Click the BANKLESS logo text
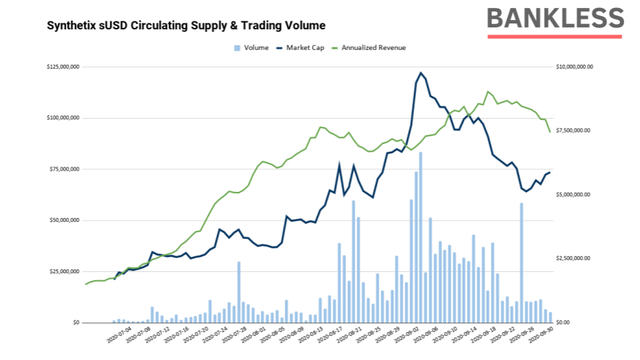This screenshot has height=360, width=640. click(x=555, y=19)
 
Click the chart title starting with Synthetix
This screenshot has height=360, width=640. click(x=186, y=26)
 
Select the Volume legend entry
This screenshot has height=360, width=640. click(x=251, y=48)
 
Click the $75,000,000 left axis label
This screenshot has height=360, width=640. click(x=65, y=169)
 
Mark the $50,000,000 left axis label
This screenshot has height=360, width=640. click(x=65, y=220)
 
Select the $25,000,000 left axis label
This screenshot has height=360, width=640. click(x=65, y=271)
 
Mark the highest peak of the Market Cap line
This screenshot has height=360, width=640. click(x=421, y=73)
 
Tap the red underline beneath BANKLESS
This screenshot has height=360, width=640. click(x=555, y=36)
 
